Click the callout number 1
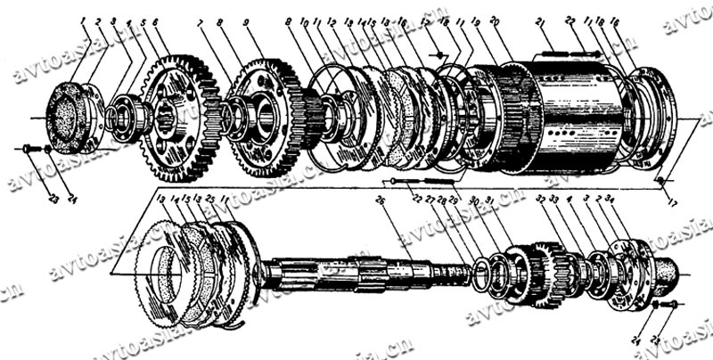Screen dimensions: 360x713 [80, 19]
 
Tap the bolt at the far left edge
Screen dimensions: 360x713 [27, 148]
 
